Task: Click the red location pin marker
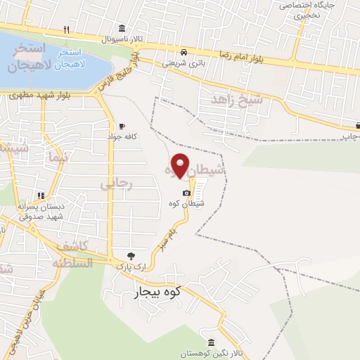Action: pyautogui.click(x=181, y=164)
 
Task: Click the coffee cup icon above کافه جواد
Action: pyautogui.click(x=123, y=126)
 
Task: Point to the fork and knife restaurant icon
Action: pyautogui.click(x=67, y=30)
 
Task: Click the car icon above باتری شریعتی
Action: pyautogui.click(x=183, y=52)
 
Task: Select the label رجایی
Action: pyautogui.click(x=116, y=184)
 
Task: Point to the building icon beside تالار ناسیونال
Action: pyautogui.click(x=122, y=29)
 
